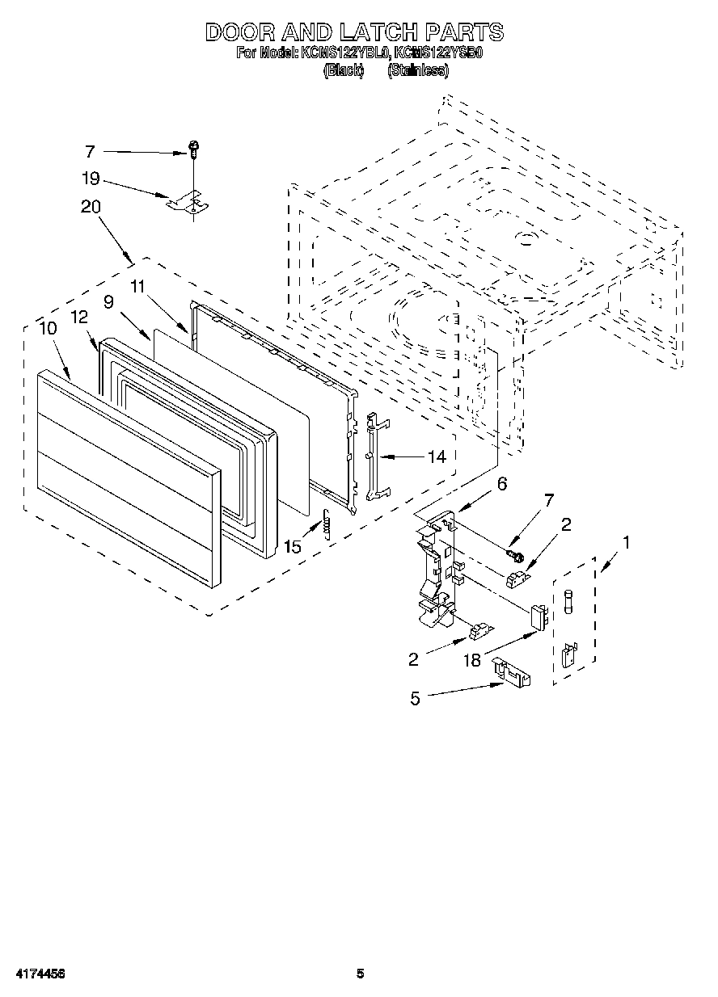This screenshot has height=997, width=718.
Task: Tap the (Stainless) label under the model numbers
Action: (x=418, y=71)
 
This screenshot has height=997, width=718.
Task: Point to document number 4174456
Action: (x=38, y=974)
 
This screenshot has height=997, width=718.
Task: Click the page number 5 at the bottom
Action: (x=361, y=974)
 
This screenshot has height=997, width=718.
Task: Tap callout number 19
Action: (x=90, y=179)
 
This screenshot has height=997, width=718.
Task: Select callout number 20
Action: (x=91, y=207)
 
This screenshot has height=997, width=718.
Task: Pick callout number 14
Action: (x=436, y=457)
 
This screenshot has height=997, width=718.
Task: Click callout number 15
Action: (x=293, y=547)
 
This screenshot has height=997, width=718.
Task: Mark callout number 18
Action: (x=472, y=660)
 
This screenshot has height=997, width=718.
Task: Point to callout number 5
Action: (x=415, y=698)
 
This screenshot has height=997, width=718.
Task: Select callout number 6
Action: (x=501, y=484)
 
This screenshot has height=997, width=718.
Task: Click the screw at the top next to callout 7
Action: (x=194, y=149)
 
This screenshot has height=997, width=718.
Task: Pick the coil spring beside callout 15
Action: (x=327, y=526)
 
